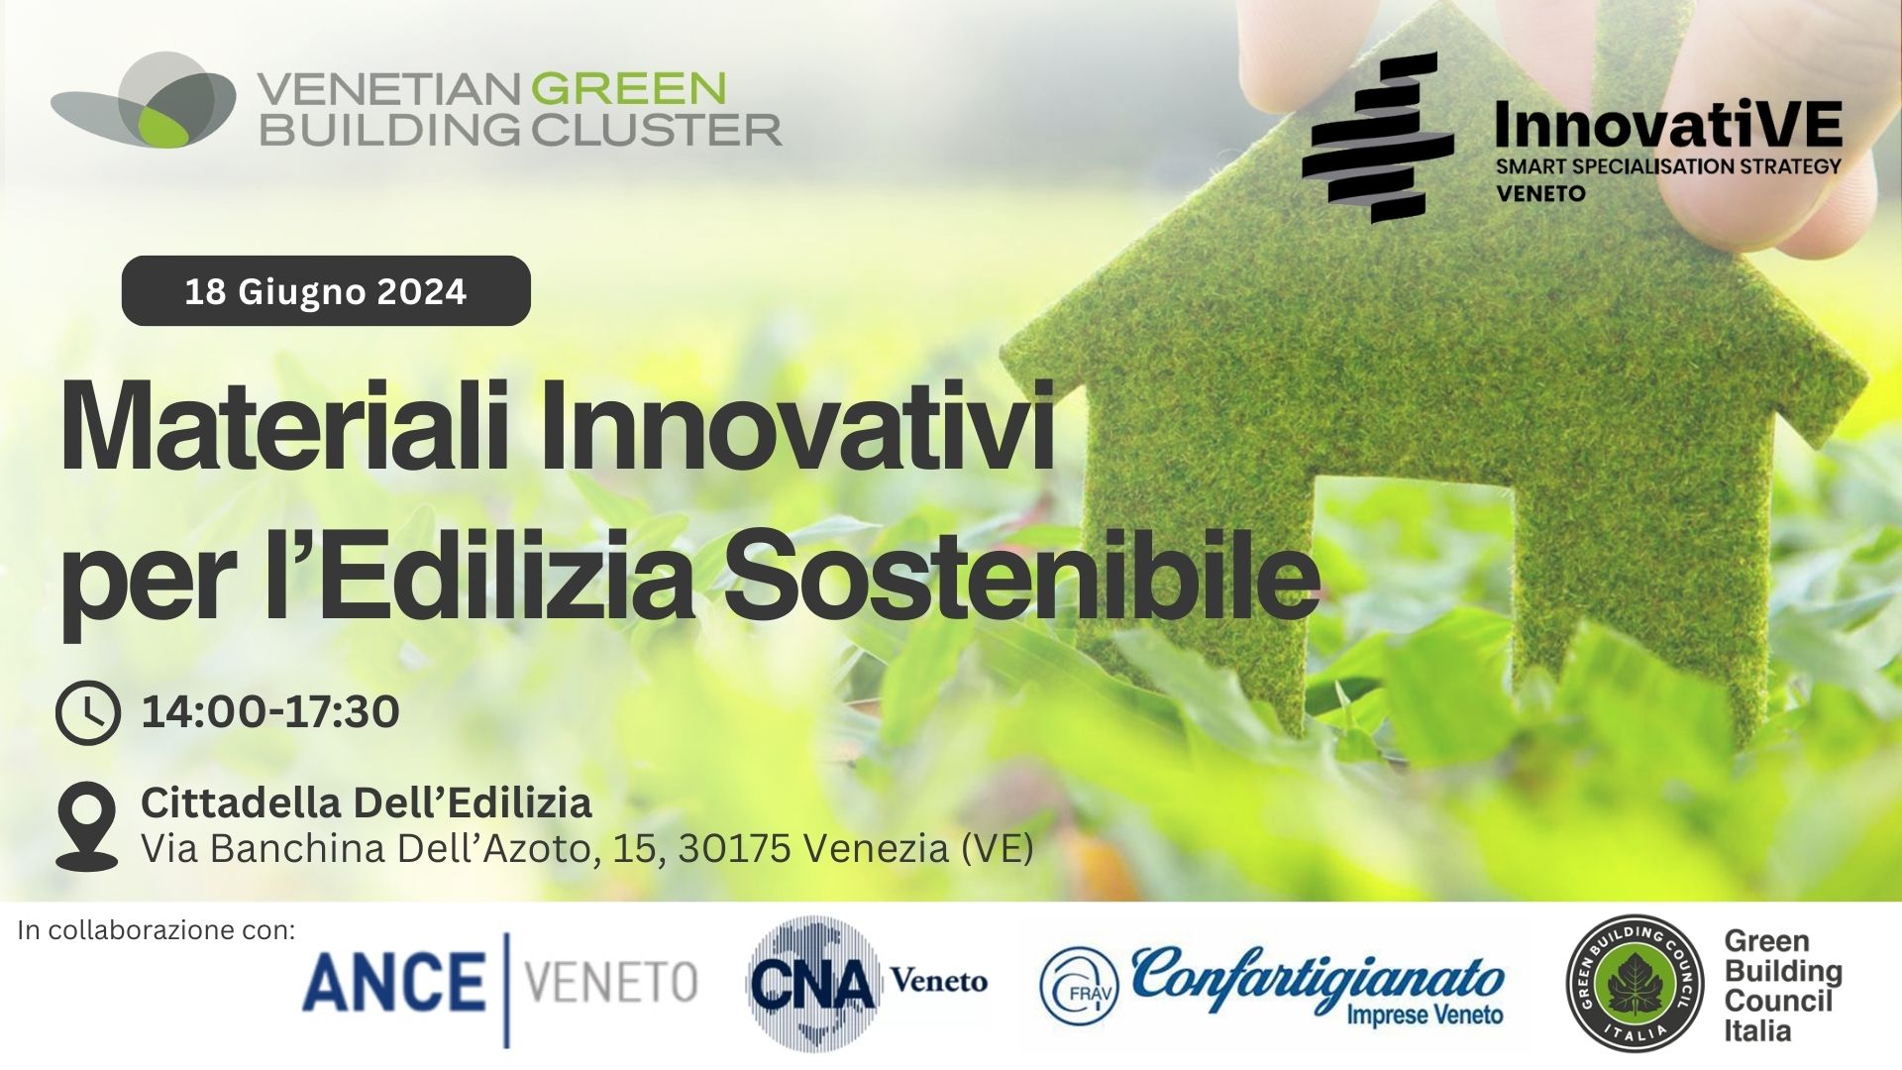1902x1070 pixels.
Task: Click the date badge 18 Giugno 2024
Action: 326,291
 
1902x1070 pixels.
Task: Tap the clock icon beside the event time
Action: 88,712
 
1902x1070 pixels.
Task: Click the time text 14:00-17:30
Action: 270,712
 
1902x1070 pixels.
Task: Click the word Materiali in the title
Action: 287,430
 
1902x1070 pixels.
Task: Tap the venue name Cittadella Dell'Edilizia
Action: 367,802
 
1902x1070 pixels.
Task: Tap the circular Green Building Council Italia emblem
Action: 1635,984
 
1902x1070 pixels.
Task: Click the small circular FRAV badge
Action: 1078,986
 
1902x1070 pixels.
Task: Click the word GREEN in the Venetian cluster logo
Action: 629,89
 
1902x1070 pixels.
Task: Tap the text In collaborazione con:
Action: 157,931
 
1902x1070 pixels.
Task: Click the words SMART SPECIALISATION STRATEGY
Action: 1668,166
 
